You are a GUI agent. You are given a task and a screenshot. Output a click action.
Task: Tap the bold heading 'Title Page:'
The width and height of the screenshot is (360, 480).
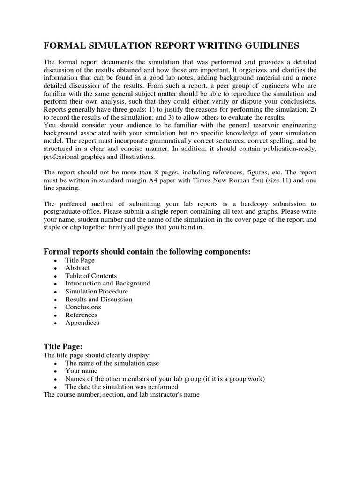(x=63, y=346)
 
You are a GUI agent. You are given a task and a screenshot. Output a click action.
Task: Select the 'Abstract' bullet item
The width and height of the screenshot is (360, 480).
(x=77, y=268)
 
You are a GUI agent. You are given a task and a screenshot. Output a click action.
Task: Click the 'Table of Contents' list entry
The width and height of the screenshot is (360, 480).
(x=91, y=276)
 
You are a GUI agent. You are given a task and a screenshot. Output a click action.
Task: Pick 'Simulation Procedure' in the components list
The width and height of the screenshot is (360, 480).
(x=97, y=291)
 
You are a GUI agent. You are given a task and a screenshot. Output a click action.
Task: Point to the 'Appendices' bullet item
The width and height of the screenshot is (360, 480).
(x=82, y=322)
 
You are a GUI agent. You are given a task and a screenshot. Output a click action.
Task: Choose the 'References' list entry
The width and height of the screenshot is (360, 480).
(x=81, y=315)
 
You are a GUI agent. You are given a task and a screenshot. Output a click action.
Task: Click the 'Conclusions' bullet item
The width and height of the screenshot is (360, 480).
(x=83, y=307)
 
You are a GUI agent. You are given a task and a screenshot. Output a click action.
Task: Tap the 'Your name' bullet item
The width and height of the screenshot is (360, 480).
(x=81, y=371)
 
